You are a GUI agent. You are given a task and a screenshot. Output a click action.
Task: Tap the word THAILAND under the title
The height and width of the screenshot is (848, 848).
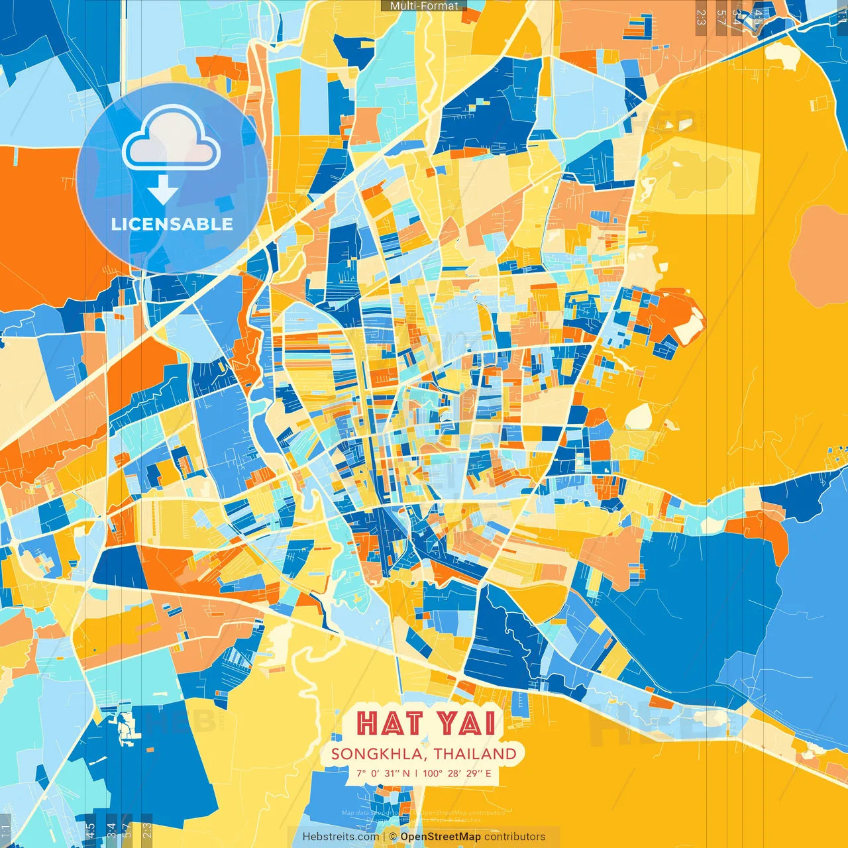coord(476,754)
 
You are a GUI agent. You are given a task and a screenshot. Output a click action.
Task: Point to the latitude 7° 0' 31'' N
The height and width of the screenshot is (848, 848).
coord(383,773)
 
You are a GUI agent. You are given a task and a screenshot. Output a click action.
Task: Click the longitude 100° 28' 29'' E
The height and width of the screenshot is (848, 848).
coord(457,773)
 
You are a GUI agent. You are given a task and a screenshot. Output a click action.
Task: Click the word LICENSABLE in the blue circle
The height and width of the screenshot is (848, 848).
coord(172,224)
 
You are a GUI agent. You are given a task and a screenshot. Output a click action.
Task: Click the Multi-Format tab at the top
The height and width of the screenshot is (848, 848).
coord(424,6)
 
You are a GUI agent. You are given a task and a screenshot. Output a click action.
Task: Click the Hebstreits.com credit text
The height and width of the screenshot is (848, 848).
coord(341,837)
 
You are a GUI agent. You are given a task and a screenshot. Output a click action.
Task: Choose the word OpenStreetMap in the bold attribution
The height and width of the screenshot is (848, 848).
coord(441,837)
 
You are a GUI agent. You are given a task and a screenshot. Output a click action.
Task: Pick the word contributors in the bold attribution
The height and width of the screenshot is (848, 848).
coord(515,837)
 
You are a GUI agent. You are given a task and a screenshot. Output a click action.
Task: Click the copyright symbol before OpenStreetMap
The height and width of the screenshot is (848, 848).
coord(393,837)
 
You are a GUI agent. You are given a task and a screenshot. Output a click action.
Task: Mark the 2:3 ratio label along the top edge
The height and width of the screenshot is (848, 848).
coord(701,17)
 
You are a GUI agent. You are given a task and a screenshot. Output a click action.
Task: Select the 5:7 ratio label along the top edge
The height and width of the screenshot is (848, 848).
coord(721,17)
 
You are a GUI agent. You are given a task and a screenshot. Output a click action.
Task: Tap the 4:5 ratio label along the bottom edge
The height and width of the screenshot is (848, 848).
coord(90,829)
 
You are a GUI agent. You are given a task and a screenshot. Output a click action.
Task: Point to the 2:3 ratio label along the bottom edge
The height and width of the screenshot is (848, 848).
coord(147,829)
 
